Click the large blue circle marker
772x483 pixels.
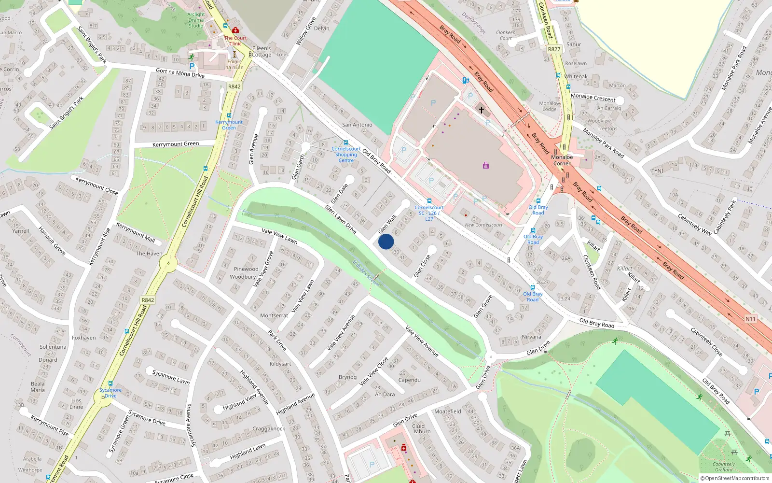386,241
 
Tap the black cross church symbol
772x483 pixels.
481,110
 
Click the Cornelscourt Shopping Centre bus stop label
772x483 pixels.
346,155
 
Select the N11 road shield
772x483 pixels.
750,319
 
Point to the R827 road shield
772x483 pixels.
554,49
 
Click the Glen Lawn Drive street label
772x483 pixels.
341,219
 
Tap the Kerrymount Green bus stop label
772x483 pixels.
229,125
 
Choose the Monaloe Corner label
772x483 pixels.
562,160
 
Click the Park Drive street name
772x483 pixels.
277,340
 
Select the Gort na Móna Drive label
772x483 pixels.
180,73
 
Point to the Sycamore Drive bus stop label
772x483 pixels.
110,393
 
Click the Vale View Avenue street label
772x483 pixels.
422,341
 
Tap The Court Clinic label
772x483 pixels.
235,41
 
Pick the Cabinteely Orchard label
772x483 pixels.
724,467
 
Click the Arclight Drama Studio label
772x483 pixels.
196,20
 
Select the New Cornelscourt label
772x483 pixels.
483,225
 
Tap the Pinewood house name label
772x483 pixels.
246,269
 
